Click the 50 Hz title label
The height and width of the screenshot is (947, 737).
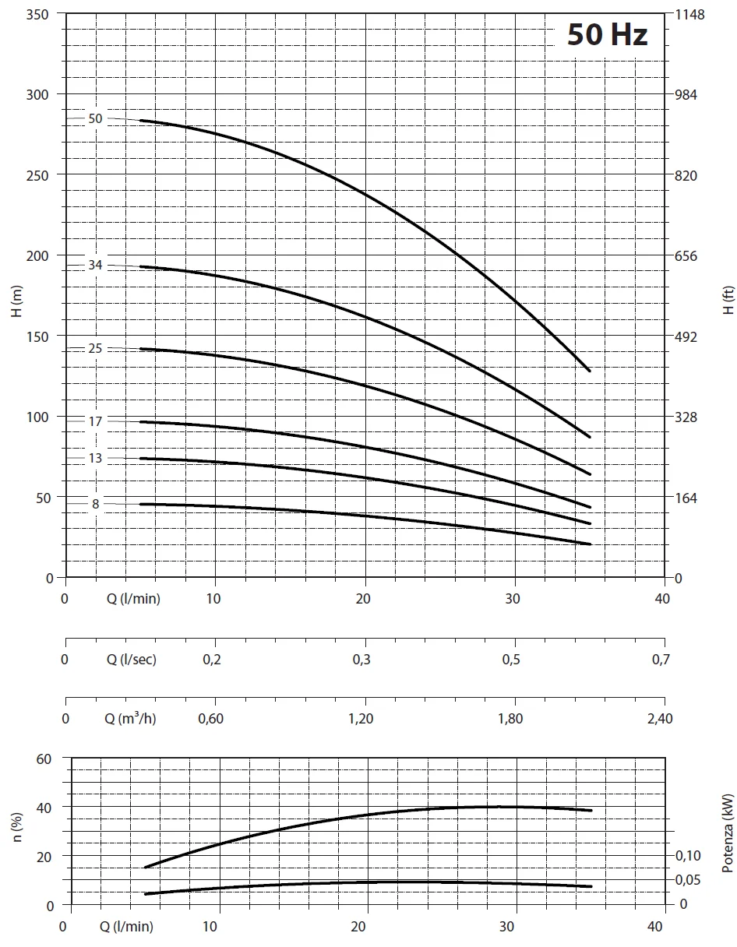click(x=607, y=35)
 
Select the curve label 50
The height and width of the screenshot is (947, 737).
click(x=95, y=119)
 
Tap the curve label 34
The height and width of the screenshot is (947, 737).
click(x=95, y=266)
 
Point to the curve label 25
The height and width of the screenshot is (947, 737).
click(x=95, y=348)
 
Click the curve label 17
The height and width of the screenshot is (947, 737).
click(x=95, y=421)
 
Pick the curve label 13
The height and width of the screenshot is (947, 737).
click(x=95, y=458)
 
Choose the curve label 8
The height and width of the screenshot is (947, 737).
click(x=96, y=504)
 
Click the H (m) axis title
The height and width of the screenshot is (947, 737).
click(x=18, y=300)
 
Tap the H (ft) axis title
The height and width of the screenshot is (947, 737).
click(x=728, y=300)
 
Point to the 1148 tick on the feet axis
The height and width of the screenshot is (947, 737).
click(x=689, y=15)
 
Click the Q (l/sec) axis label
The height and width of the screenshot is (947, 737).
click(x=131, y=660)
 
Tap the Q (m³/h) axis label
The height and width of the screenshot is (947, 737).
click(x=130, y=718)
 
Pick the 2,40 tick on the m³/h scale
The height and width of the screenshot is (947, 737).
click(x=659, y=718)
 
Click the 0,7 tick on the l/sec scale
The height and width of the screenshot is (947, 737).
click(x=660, y=660)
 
